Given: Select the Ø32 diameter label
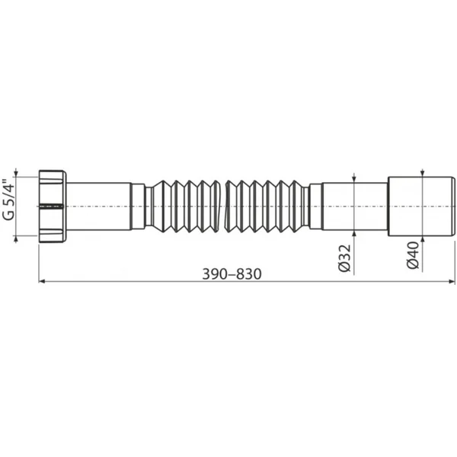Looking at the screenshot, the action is [345, 258].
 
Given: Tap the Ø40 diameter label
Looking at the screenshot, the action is [413, 255].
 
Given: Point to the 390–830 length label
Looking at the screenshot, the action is [232, 274].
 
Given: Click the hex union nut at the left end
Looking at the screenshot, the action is [53, 206].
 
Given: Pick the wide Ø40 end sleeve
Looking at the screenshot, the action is [421, 206].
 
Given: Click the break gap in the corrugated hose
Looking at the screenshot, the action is [222, 206].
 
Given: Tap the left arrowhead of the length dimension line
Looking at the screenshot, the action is [42, 281].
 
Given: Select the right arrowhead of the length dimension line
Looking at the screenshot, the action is [452, 281].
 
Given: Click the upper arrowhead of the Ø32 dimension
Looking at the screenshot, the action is [354, 179].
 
